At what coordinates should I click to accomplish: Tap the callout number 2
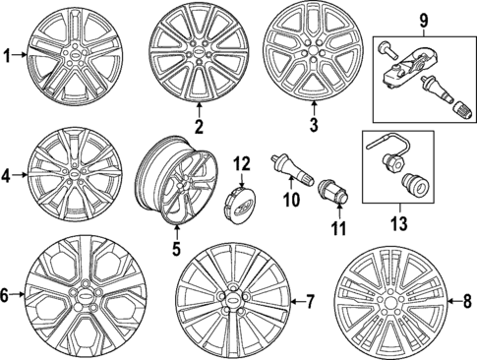pos(198,126)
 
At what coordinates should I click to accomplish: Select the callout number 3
pos(314,126)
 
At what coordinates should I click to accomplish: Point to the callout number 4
pos(8,177)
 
